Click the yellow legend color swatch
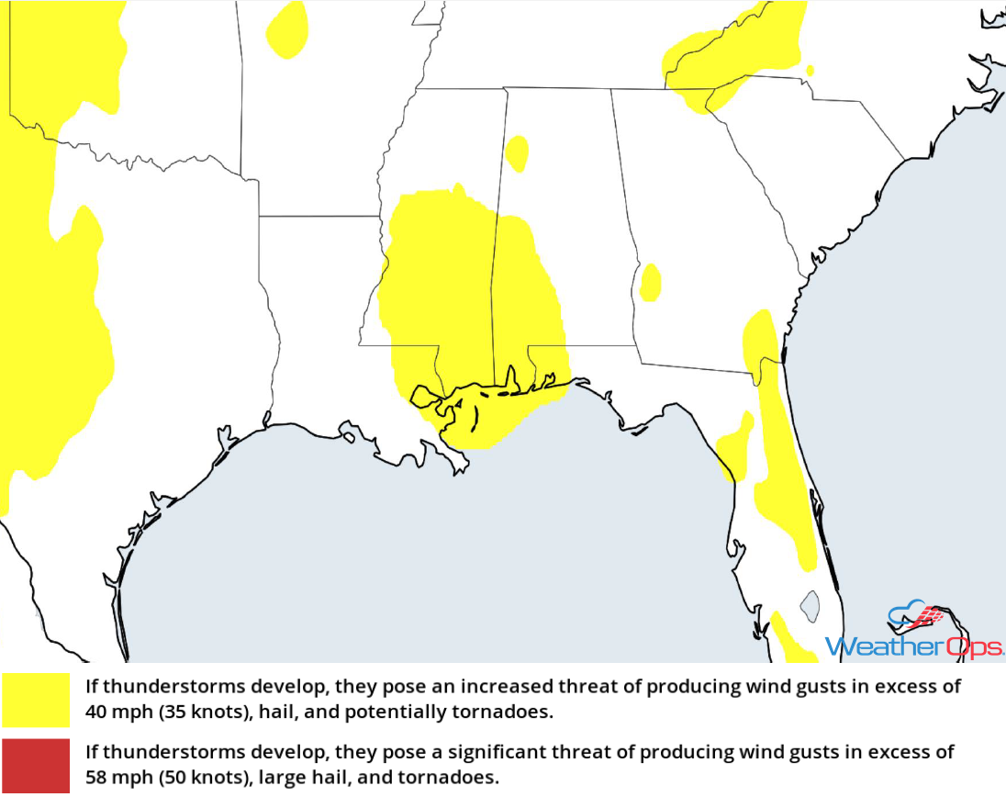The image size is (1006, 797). click(36, 700)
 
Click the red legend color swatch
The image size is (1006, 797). click(36, 765)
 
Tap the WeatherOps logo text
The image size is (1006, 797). click(913, 646)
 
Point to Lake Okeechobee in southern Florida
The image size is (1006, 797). click(809, 603)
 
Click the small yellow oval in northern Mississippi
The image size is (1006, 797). click(517, 154)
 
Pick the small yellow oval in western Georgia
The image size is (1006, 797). click(650, 283)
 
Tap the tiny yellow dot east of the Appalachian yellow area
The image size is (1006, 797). click(809, 70)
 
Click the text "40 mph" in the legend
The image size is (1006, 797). click(111, 711)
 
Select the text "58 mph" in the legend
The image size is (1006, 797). click(111, 777)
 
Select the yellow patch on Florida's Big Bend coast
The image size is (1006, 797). click(735, 447)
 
